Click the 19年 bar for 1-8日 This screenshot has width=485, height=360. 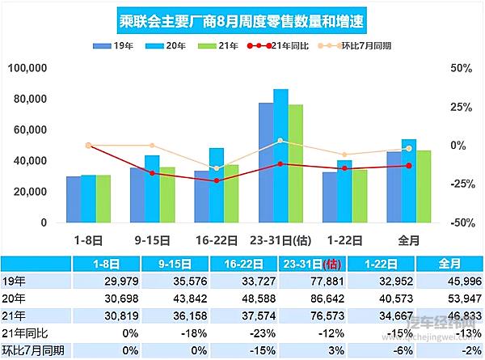point(74,199)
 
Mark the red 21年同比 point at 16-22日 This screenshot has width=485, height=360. point(217,180)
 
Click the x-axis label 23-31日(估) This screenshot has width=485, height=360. point(280,239)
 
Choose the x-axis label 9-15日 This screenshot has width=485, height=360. point(152,239)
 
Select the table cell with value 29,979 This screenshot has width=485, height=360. point(113,282)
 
